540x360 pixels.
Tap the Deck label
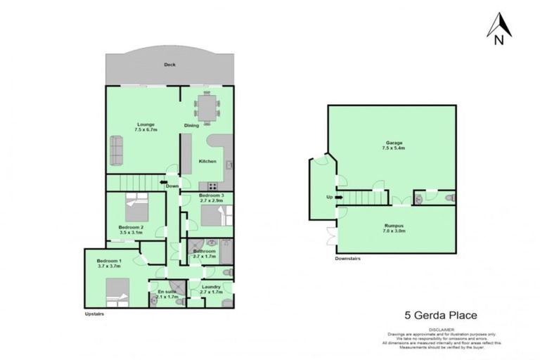pyautogui.click(x=169, y=64)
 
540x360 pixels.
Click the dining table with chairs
pyautogui.click(x=207, y=108)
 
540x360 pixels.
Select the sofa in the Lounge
pyautogui.click(x=116, y=149)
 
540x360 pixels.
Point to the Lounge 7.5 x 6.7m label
pyautogui.click(x=146, y=127)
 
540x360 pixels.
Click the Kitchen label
pyautogui.click(x=207, y=162)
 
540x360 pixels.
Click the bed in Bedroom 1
pyautogui.click(x=117, y=290)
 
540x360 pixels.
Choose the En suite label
pyautogui.click(x=167, y=294)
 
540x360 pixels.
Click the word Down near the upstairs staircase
pyautogui.click(x=171, y=186)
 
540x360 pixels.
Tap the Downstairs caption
pyautogui.click(x=348, y=259)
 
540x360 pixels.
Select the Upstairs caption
pyautogui.click(x=94, y=314)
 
